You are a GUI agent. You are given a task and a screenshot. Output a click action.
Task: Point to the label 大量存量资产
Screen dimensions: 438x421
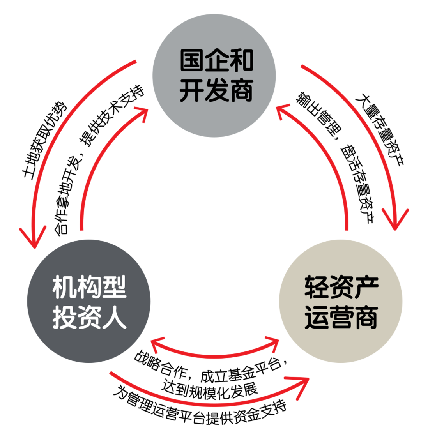coord(380,129)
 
